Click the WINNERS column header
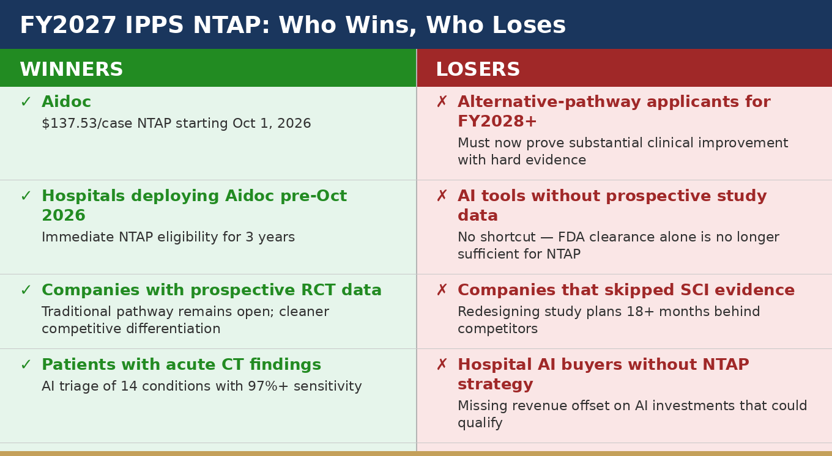[72, 70]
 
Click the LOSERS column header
[478, 70]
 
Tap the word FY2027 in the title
[68, 25]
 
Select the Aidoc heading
[66, 101]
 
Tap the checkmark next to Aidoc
[26, 101]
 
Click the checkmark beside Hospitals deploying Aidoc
[26, 196]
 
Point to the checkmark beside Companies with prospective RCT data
[26, 290]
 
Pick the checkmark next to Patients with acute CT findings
[26, 365]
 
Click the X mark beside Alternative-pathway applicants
[442, 101]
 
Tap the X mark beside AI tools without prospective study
[442, 196]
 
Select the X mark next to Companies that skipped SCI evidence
[442, 290]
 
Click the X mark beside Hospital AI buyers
[442, 365]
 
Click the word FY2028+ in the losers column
[497, 121]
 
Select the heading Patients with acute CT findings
[181, 365]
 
